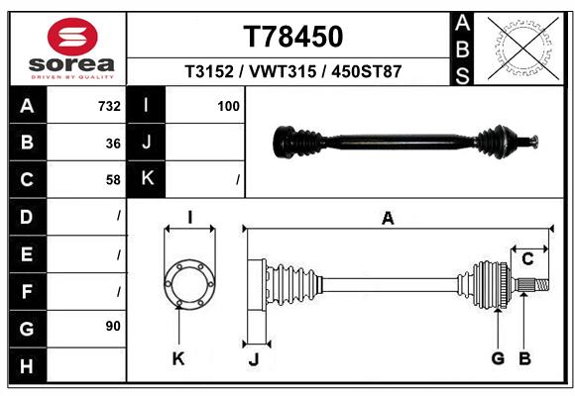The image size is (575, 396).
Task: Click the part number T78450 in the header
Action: coord(293,37)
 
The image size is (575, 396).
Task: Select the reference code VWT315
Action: coord(292,72)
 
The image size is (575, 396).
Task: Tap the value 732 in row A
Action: coord(109,106)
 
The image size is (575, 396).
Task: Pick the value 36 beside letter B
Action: coord(113,143)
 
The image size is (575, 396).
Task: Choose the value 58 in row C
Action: coord(113,180)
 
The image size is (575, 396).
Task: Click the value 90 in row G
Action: coord(113,326)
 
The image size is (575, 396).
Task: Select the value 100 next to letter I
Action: coord(229,106)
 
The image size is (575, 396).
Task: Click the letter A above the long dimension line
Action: coord(388,219)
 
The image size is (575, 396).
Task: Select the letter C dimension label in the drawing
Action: coord(527,259)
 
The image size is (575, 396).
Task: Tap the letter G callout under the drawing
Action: coord(499,358)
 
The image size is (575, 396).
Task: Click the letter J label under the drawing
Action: coord(253,359)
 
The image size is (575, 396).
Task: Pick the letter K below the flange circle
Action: coord(178,359)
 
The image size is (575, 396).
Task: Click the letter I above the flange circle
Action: coord(189,219)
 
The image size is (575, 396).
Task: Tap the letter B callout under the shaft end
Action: coord(525,358)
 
